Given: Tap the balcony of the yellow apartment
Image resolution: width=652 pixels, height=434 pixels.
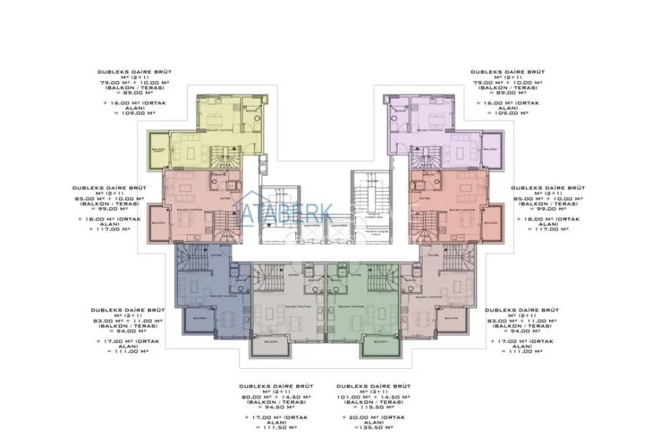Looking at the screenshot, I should [158, 151].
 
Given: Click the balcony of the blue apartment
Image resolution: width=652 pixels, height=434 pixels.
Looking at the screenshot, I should [199, 317].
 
